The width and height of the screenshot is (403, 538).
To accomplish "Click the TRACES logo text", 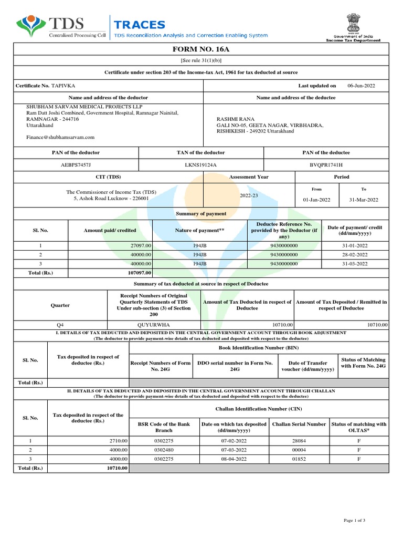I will click(140, 25).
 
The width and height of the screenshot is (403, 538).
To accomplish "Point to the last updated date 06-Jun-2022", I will click(361, 86).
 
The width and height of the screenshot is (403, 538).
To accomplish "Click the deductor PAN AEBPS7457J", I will click(76, 165).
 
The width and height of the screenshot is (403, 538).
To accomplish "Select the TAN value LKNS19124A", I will click(200, 165).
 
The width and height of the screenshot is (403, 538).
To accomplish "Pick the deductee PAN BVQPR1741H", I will click(326, 165).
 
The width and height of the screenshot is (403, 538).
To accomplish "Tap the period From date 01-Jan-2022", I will click(316, 200).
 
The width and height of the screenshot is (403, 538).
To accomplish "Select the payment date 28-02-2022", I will click(355, 254).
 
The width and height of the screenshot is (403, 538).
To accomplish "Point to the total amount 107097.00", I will click(139, 273).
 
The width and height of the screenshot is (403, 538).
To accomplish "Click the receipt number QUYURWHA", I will click(153, 325).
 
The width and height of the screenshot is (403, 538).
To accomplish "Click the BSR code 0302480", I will click(163, 450).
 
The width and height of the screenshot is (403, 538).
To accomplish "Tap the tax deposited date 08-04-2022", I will click(234, 459).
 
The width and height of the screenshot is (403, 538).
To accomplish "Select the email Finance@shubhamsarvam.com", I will click(60, 137).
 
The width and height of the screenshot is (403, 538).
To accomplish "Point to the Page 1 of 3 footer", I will click(354, 520).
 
